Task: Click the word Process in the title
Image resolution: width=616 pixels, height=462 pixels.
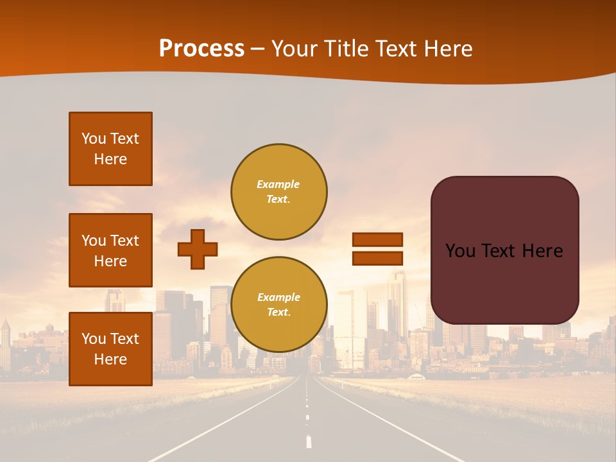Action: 201,49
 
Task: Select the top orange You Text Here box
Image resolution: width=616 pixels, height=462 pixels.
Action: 110,149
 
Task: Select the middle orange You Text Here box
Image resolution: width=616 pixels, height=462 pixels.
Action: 110,250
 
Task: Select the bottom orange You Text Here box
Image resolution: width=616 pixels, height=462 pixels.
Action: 110,349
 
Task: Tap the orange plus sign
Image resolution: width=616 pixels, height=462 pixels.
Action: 198,249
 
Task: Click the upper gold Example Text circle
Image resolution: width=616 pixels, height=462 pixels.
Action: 278,192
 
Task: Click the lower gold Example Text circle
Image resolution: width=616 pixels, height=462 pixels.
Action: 278,305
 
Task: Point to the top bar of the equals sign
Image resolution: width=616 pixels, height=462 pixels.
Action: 377,239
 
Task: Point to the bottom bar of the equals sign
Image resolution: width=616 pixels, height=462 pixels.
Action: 377,258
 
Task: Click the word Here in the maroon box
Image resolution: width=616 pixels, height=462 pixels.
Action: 542,251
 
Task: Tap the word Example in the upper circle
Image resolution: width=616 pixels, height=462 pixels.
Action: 278,184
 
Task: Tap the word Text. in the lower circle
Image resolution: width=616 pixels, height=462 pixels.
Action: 278,312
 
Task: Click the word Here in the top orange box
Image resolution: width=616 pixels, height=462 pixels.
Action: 110,159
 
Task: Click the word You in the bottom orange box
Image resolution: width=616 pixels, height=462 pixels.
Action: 94,339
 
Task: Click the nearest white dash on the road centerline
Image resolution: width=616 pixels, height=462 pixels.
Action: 309,441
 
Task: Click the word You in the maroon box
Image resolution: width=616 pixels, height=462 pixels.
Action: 460,251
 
